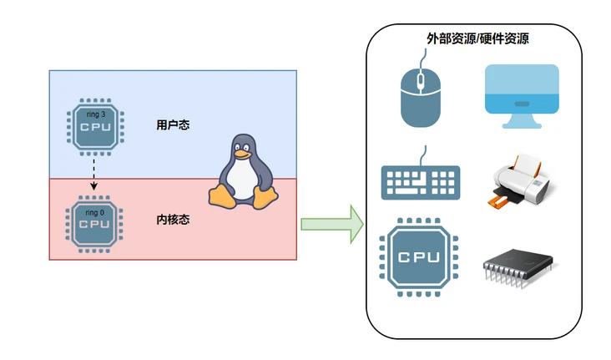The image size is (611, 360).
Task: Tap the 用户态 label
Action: click(173, 125)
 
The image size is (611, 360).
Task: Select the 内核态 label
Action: click(173, 221)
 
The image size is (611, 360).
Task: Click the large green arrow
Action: click(332, 224)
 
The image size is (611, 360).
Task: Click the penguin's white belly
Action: click(243, 180)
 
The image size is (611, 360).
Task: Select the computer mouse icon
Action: click(421, 95)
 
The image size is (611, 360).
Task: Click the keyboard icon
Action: click(421, 181)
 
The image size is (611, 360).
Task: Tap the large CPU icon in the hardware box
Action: click(419, 256)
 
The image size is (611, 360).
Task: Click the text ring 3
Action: click(94, 114)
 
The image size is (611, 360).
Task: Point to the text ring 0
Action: click(94, 212)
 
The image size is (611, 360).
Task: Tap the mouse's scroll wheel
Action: click(421, 81)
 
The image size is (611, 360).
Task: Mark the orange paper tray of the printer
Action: click(498, 200)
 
